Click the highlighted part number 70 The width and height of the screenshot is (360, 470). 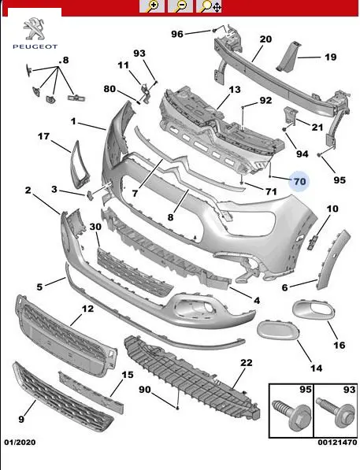(x=299, y=181)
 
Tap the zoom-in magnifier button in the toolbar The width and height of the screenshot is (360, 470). (x=152, y=6)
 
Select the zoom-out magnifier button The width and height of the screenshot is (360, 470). (x=180, y=6)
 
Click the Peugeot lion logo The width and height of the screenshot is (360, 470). (x=35, y=29)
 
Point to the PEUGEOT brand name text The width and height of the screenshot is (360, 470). (x=35, y=46)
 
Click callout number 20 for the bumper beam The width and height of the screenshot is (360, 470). (x=265, y=39)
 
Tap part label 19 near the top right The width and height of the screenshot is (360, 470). (x=331, y=57)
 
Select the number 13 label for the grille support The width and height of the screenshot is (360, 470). (x=235, y=90)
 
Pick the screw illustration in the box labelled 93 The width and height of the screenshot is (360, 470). (x=336, y=411)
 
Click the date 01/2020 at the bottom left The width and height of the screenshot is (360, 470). (x=20, y=442)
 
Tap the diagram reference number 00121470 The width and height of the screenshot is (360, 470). (x=337, y=442)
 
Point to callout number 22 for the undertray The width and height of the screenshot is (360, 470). (x=247, y=363)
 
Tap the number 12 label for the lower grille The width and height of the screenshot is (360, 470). (x=87, y=309)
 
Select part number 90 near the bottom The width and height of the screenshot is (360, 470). (x=145, y=390)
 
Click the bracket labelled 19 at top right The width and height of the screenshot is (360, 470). (x=288, y=57)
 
